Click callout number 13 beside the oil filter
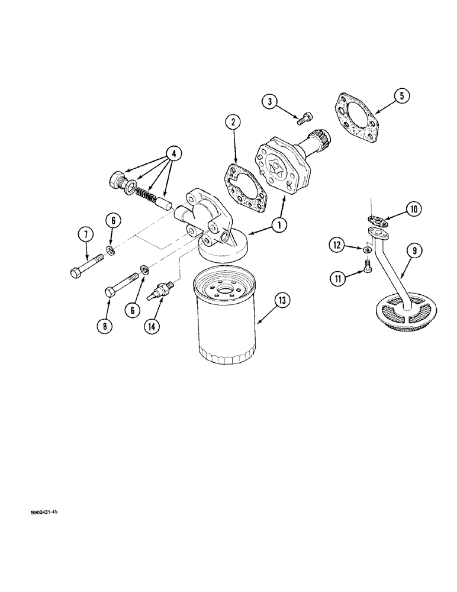tap(282, 301)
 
